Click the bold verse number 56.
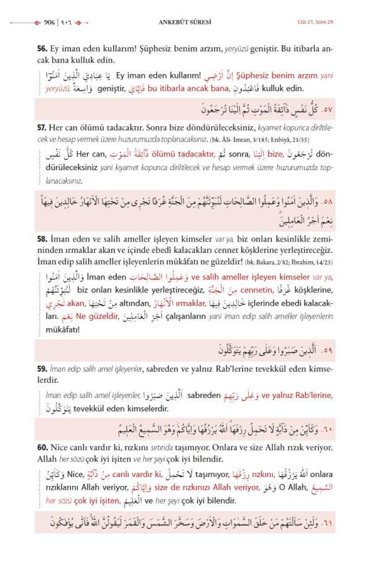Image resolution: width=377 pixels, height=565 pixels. pos(42,48)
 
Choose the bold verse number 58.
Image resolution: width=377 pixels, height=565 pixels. pos(42,239)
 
